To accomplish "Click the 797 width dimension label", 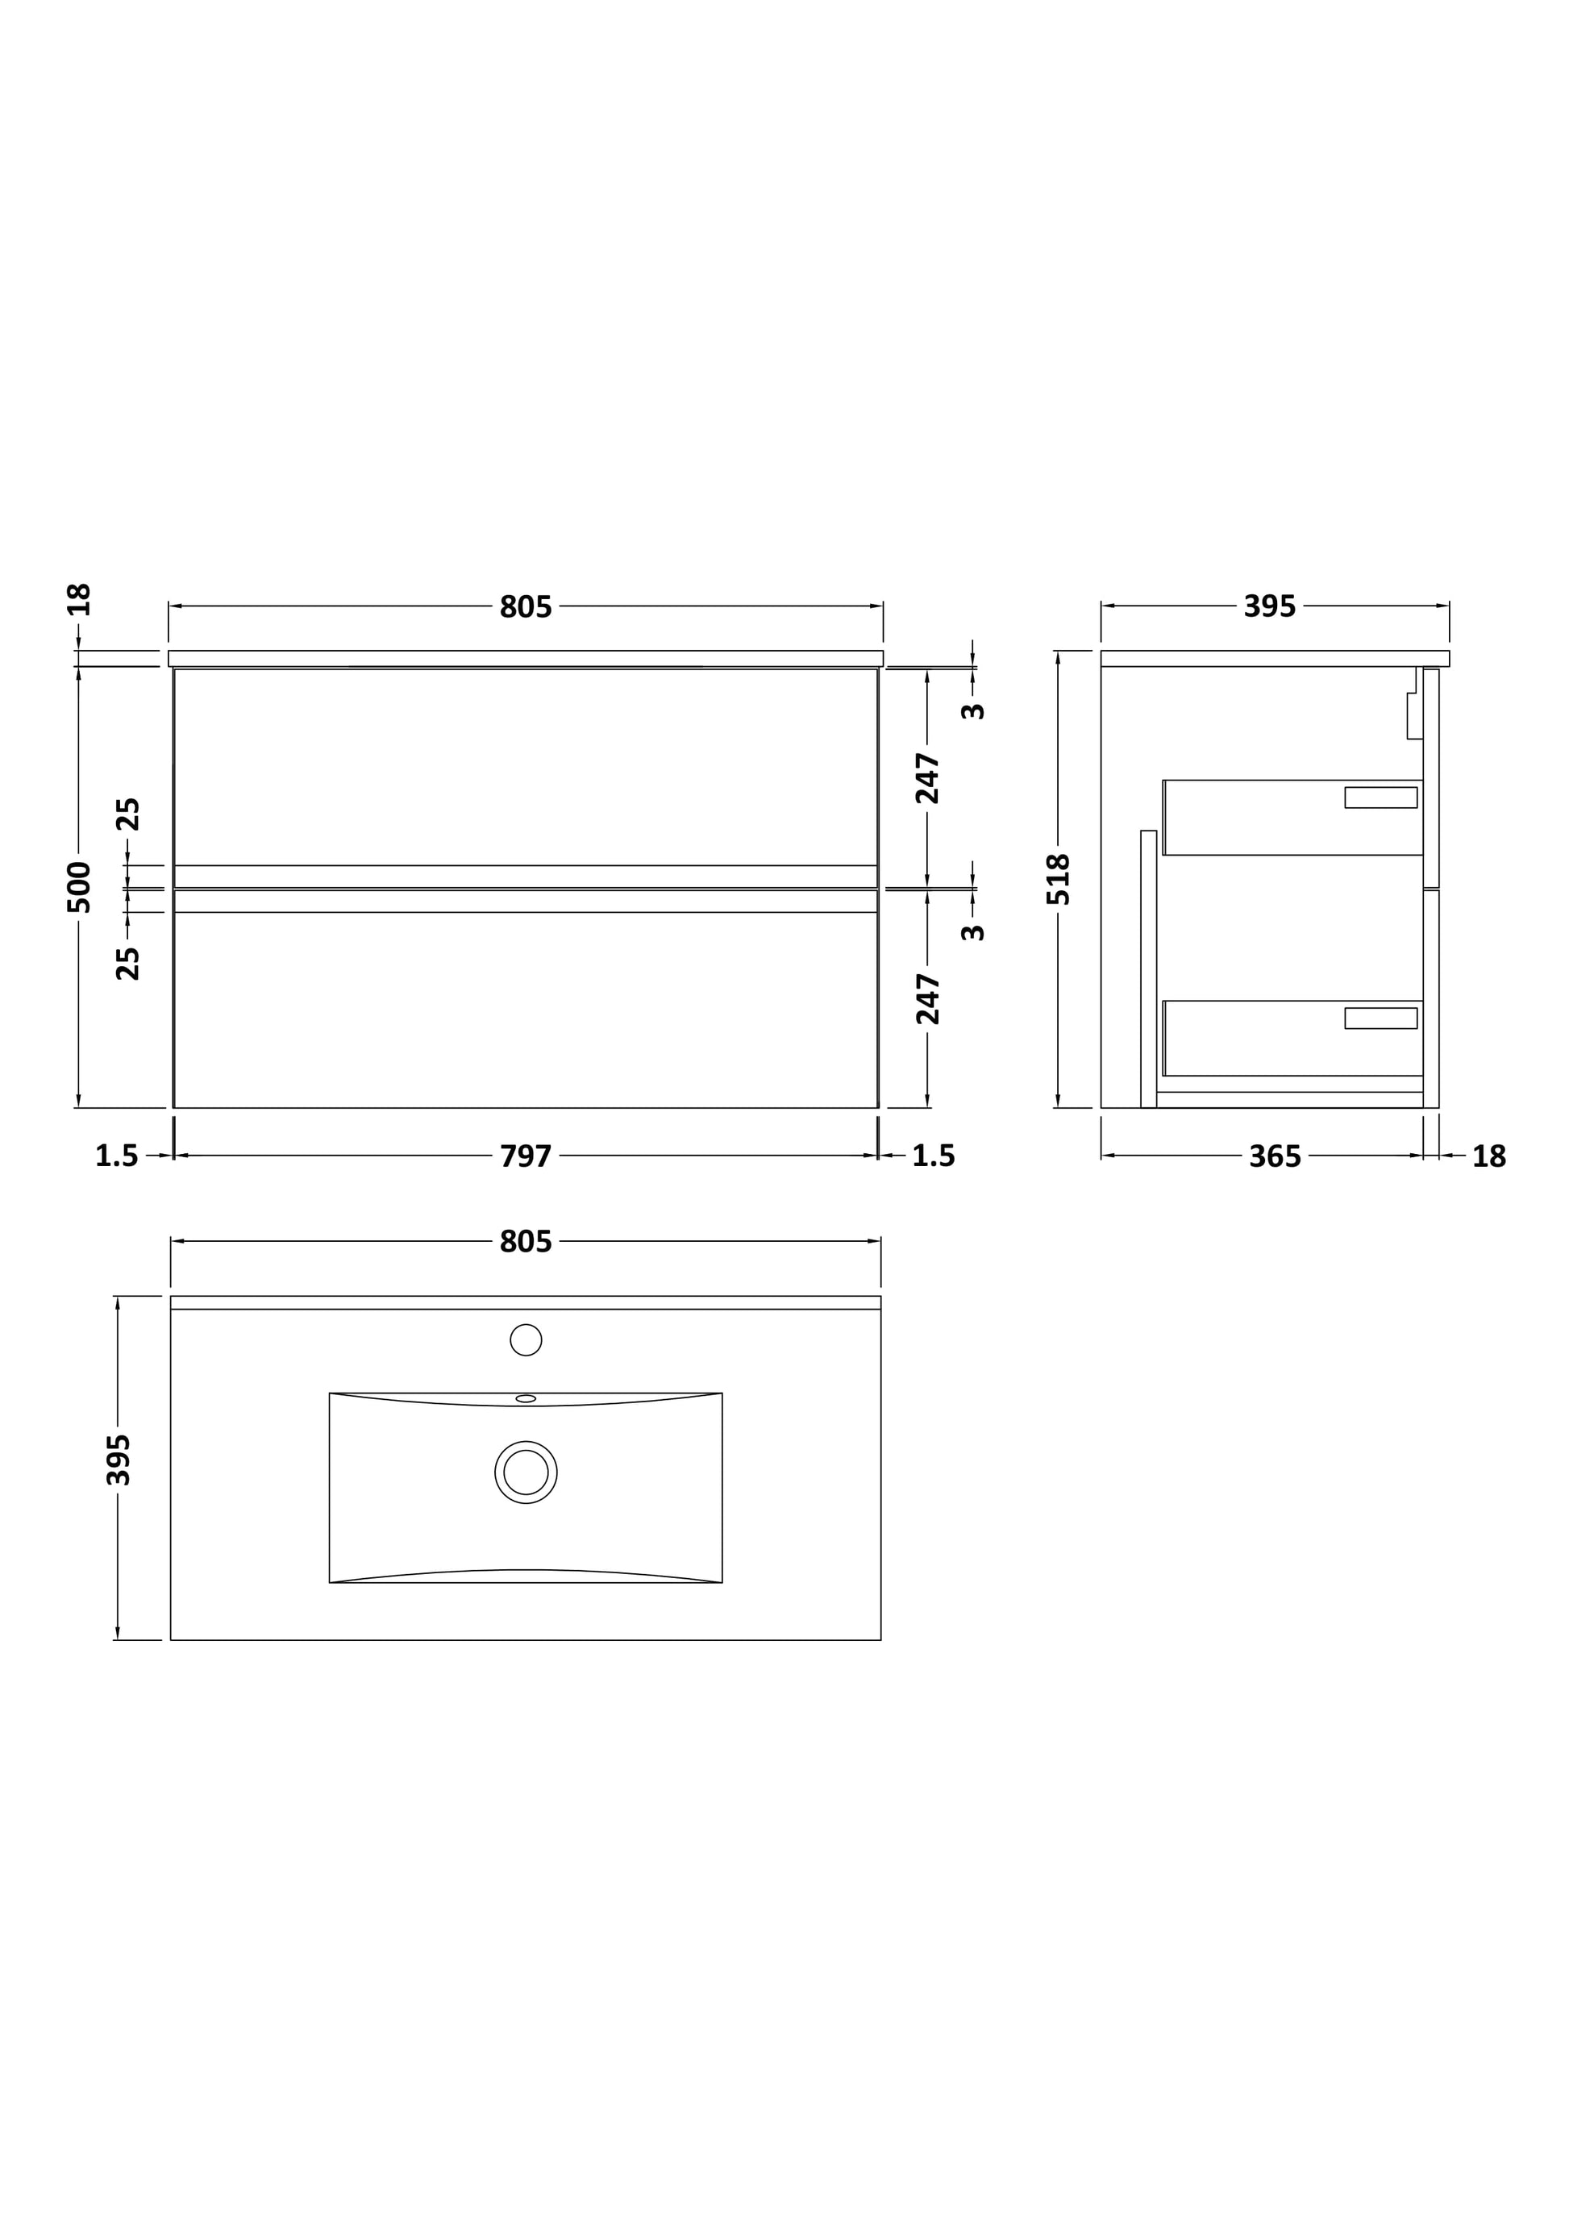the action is [525, 1156].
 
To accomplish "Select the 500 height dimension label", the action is [79, 887].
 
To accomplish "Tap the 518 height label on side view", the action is [1059, 878].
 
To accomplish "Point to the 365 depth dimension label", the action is [1275, 1156].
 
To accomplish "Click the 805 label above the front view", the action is [525, 606].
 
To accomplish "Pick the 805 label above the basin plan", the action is [525, 1242].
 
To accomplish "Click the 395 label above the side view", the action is [1269, 606].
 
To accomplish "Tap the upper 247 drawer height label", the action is [928, 777].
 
